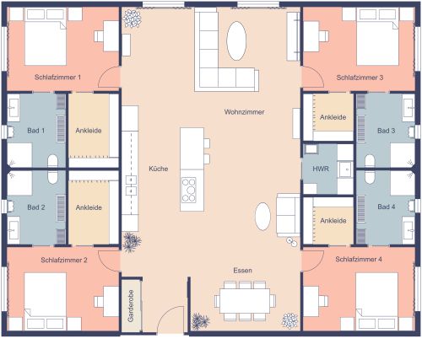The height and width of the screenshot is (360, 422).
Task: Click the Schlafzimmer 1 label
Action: click(x=58, y=77)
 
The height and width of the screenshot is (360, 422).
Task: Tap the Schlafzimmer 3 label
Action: click(x=360, y=77)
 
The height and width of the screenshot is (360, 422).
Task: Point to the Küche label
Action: click(x=159, y=168)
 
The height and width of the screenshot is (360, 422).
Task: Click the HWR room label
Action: click(x=321, y=169)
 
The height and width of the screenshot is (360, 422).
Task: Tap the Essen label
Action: click(x=243, y=270)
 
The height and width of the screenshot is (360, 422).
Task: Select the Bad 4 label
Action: click(x=387, y=207)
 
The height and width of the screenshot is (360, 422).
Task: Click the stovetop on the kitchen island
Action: click(x=189, y=189)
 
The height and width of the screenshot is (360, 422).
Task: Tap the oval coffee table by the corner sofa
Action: click(x=237, y=38)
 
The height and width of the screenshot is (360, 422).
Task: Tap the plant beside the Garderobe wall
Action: click(x=131, y=243)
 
